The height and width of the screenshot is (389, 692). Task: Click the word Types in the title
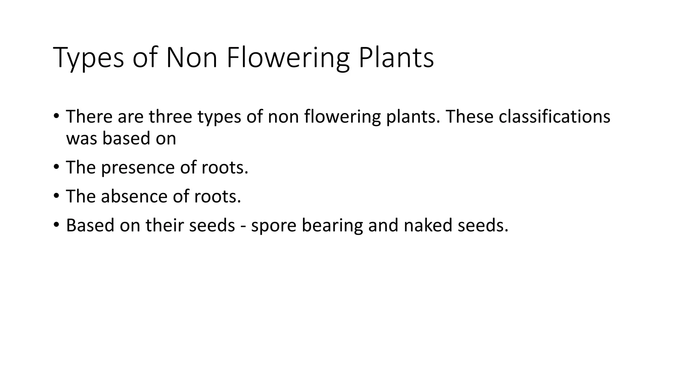89,58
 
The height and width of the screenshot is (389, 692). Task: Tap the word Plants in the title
396,58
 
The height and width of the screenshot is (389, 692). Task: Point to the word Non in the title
192,58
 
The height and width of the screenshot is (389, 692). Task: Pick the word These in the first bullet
469,116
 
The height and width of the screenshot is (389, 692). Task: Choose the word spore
273,226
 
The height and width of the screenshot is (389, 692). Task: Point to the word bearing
332,226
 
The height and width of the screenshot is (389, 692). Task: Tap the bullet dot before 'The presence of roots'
56,167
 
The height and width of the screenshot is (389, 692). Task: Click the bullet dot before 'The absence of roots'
56,196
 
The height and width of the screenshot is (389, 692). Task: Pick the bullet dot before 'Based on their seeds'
56,225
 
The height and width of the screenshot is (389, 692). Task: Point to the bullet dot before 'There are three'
56,116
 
